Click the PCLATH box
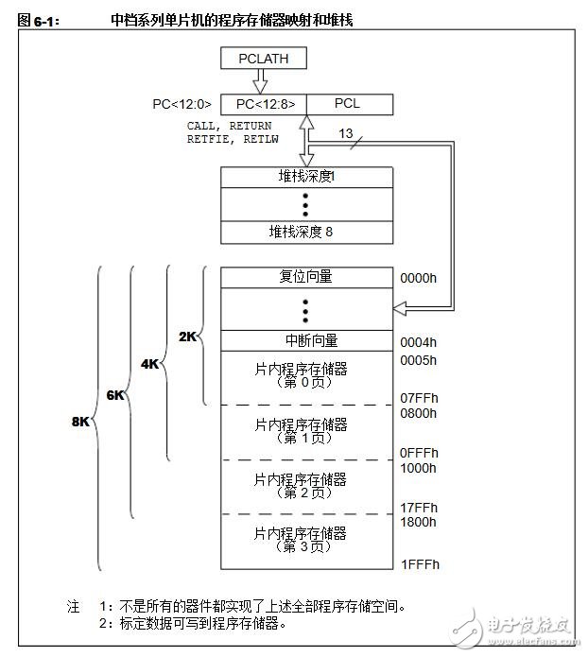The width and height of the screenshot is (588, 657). [x=264, y=59]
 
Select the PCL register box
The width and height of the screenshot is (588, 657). [x=350, y=104]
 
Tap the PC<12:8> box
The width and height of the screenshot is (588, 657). [x=264, y=104]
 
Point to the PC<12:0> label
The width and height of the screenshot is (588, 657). [x=182, y=104]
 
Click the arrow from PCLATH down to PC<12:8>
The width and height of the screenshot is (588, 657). [x=260, y=81]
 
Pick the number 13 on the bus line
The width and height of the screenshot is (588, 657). [x=346, y=133]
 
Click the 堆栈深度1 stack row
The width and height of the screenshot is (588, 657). [x=307, y=177]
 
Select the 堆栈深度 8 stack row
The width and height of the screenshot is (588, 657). [x=307, y=233]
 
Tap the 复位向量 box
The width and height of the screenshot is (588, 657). [x=307, y=277]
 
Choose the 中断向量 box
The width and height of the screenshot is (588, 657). [x=307, y=340]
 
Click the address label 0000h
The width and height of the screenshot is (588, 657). [x=418, y=278]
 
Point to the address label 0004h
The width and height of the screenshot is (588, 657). [x=418, y=342]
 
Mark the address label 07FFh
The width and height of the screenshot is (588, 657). [x=419, y=398]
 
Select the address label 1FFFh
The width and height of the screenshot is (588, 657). [x=420, y=564]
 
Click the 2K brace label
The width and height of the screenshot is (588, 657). [x=187, y=337]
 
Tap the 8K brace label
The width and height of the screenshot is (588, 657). [x=80, y=422]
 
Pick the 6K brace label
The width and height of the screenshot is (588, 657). [x=115, y=395]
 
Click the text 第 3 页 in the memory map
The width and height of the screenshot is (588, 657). [x=303, y=546]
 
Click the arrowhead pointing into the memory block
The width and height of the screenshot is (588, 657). [x=400, y=309]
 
